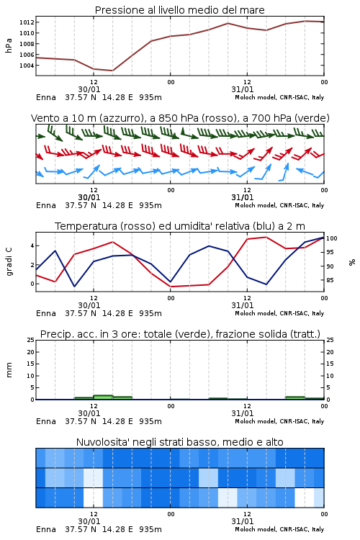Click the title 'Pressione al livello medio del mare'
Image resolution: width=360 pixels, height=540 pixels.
click(179, 10)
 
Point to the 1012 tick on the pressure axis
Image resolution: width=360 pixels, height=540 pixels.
click(27, 22)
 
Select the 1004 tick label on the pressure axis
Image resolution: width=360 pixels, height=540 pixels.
click(27, 66)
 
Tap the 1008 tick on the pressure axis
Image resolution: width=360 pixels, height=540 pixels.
click(27, 44)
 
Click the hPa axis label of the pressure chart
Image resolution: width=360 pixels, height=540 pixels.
click(9, 45)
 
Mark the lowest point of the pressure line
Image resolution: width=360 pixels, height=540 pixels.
click(112, 71)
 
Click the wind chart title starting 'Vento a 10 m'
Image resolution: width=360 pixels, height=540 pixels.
click(180, 118)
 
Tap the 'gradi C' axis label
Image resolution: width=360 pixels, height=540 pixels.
click(9, 262)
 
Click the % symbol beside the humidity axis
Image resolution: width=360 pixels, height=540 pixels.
click(352, 262)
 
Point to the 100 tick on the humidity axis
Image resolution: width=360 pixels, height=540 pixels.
click(331, 238)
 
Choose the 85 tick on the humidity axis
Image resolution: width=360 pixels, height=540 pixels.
click(330, 280)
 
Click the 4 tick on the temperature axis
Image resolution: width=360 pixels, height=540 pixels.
click(32, 246)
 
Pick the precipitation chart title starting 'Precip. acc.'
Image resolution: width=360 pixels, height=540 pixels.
click(180, 334)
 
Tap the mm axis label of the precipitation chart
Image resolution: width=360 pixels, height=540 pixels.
click(9, 369)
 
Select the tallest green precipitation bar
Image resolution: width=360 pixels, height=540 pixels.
click(103, 397)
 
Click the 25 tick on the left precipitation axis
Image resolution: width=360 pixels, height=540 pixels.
click(31, 341)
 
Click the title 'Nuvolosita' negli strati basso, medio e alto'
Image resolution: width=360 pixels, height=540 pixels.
click(179, 442)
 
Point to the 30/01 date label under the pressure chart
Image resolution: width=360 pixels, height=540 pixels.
click(89, 89)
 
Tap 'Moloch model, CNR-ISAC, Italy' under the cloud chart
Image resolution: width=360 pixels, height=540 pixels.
click(279, 529)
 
